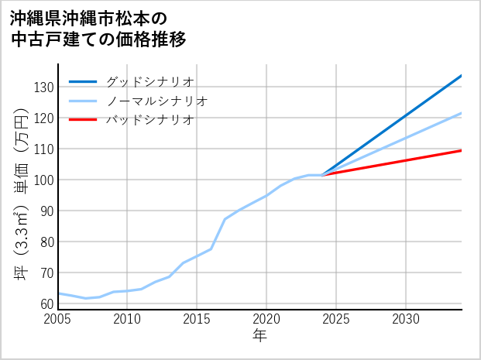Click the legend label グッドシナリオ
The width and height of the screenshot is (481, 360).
point(149,81)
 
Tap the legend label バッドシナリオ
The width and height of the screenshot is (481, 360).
point(149,120)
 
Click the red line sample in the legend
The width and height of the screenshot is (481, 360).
point(84,120)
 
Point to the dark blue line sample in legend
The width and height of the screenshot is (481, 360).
point(84,81)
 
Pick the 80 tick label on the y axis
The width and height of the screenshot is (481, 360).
point(46,242)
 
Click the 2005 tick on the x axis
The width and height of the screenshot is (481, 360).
point(58,319)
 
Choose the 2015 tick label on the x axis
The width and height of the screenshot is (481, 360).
point(197,319)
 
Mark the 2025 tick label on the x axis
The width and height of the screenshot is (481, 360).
point(336,319)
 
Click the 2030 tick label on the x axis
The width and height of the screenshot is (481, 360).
point(406,319)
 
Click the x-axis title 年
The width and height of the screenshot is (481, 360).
point(260,336)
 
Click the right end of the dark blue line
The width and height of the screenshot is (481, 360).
point(461,76)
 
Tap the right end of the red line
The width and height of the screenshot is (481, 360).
point(461,150)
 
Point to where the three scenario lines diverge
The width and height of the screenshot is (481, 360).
point(322,175)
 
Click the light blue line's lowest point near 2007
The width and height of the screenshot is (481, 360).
point(86,298)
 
